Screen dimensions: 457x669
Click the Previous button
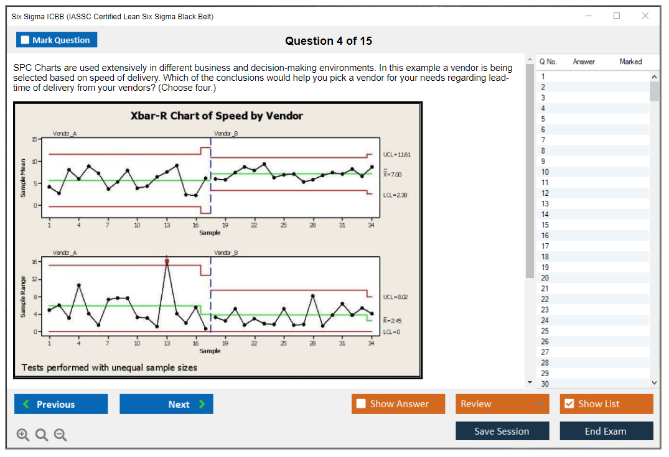click(61, 404)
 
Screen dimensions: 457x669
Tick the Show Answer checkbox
click(362, 404)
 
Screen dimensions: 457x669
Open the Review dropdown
click(502, 404)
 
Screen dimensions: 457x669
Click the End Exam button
click(606, 431)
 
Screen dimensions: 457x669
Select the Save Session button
click(502, 431)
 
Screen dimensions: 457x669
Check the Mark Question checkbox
click(26, 40)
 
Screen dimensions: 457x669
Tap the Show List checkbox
click(569, 404)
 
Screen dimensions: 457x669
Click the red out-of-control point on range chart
click(167, 262)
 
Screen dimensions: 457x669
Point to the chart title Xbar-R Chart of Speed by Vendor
click(217, 116)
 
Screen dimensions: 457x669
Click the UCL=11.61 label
click(397, 154)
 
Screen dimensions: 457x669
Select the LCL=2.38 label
click(395, 195)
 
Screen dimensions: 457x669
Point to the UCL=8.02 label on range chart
click(396, 297)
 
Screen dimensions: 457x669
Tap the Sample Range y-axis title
click(22, 297)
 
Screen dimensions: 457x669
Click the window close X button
click(645, 16)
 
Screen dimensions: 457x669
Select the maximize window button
click(617, 16)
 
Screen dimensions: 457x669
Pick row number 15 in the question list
click(545, 225)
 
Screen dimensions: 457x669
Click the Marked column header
click(630, 62)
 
